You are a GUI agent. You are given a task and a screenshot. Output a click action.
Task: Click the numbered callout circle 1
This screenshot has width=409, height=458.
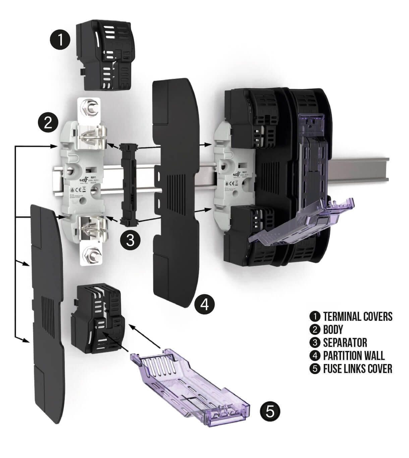point(60,40)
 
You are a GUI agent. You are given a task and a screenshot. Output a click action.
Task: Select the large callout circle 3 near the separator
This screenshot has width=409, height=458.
point(131,240)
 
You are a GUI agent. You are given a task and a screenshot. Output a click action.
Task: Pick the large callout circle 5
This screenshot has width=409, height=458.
point(270,411)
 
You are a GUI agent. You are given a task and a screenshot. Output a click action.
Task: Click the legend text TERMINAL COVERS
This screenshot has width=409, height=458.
point(358,316)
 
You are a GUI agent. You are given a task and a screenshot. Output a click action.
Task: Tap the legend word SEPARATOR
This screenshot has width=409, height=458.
point(345,343)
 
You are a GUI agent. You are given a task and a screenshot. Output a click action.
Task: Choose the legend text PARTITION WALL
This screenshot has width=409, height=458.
point(354,356)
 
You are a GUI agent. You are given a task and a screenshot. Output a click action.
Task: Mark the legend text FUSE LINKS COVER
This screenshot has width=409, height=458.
point(357,369)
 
